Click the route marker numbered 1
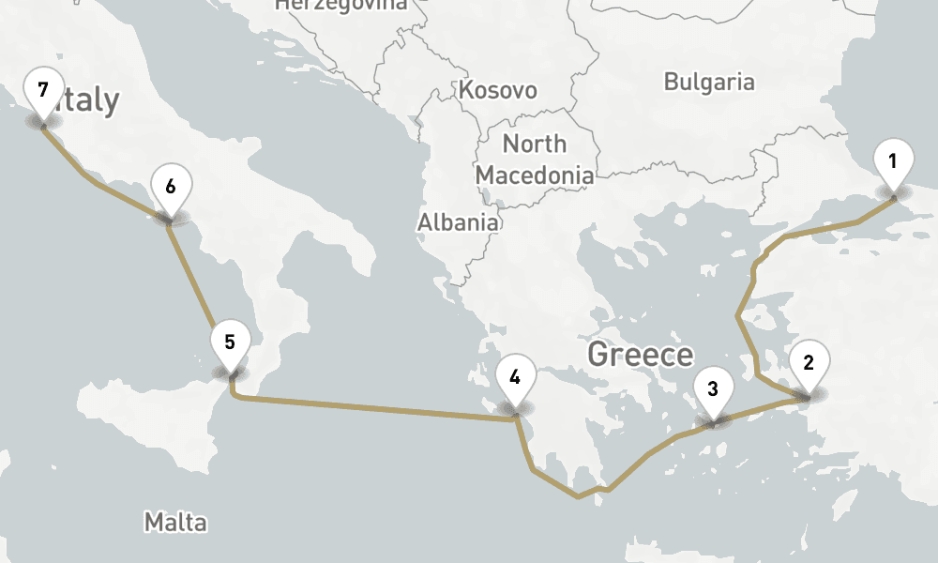892,161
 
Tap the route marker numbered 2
809,361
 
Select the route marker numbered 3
712,388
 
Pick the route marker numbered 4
514,379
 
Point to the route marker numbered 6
170,187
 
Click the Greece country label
640,355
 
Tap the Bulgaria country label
708,82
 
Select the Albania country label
458,222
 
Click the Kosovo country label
497,90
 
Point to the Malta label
175,521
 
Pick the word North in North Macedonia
535,144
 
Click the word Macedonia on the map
535,175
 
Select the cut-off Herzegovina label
341,5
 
